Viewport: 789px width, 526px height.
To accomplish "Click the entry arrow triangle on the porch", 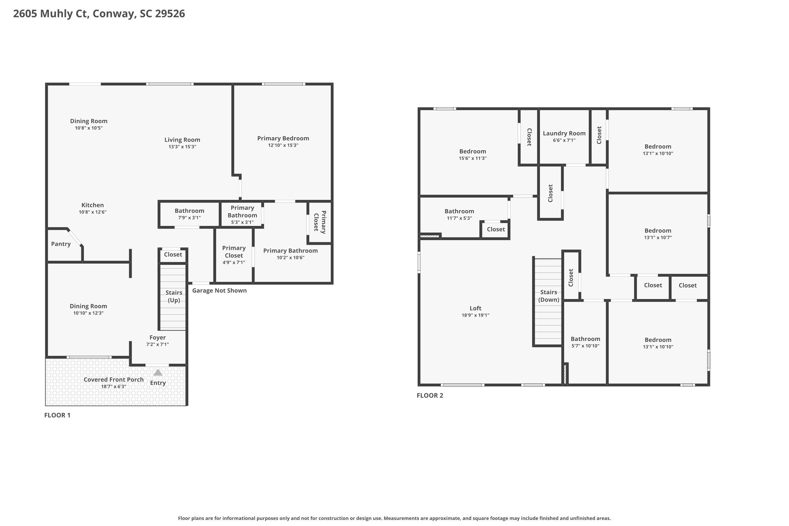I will pos(158,373).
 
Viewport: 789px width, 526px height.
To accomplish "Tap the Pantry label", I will pos(61,244).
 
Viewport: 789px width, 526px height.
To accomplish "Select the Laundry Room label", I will pos(564,133).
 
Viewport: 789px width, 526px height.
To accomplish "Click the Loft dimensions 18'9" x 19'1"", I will pos(475,315).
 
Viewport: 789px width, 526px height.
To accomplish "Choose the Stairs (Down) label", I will pos(548,296).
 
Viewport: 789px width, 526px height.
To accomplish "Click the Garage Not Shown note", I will pos(219,291).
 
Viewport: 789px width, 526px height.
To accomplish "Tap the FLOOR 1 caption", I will pos(57,415).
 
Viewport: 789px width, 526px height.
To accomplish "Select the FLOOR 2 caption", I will pos(430,395).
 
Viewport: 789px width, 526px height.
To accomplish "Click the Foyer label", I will pos(157,337).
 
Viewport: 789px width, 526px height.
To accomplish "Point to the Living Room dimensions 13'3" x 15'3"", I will pos(182,146).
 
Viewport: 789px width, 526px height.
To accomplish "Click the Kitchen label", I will pos(92,205).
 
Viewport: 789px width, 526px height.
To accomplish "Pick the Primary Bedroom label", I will pos(283,138).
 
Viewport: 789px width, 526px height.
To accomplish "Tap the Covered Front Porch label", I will pos(113,380).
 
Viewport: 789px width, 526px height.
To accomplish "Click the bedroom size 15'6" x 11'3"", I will pos(472,158).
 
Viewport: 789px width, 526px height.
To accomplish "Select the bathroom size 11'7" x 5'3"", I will pos(459,218).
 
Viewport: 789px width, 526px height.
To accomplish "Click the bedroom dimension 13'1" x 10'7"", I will pos(657,237).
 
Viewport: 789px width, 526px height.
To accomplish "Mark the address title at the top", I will pos(99,13).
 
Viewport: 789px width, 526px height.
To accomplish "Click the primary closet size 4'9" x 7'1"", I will pos(234,262).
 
